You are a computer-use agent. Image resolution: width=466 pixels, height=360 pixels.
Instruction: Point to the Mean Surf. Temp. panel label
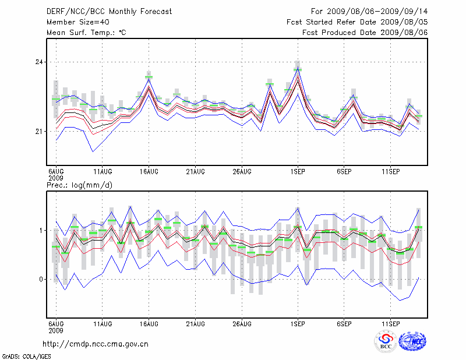[86, 33]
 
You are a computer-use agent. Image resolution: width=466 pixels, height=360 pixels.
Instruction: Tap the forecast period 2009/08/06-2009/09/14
[370, 12]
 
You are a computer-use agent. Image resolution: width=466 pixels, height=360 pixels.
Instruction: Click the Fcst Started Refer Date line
[358, 22]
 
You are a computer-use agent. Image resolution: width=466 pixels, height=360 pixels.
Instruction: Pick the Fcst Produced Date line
[365, 33]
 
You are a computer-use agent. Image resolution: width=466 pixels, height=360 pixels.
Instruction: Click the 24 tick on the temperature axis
[40, 62]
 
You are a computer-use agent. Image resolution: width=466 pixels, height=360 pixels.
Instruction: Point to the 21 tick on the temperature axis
[40, 132]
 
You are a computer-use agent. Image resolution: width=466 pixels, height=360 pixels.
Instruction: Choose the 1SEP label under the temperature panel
[298, 172]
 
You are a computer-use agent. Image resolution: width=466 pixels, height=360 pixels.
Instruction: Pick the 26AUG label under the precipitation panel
[242, 323]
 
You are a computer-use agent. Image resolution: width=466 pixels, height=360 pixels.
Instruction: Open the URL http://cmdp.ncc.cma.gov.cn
[96, 344]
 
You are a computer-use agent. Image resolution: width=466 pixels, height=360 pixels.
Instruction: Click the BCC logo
[386, 341]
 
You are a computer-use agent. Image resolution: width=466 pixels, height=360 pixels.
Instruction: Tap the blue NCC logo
[412, 341]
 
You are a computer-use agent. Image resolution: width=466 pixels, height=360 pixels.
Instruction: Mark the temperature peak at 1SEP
[298, 70]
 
